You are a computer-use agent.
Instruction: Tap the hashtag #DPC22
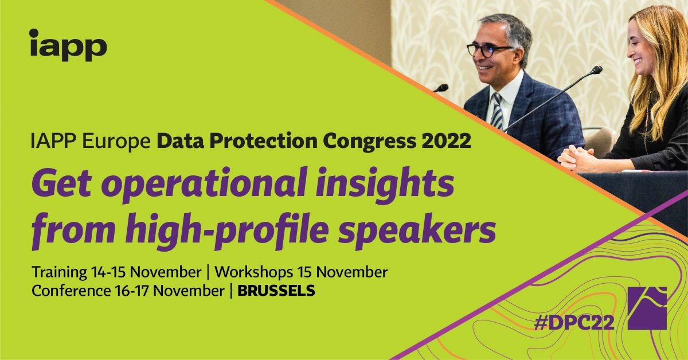pos(574,323)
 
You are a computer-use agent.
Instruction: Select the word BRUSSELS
pos(276,291)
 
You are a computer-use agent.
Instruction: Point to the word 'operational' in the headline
pos(204,186)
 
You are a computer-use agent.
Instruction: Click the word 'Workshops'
pos(253,272)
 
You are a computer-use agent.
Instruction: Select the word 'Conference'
pos(71,291)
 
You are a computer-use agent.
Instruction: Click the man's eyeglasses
pos(488,50)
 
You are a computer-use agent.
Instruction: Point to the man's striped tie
pos(497,111)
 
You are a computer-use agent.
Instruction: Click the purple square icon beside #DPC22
pos(647,308)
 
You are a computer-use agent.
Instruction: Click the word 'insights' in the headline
pos(385,185)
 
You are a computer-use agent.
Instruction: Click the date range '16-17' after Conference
pos(132,291)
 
